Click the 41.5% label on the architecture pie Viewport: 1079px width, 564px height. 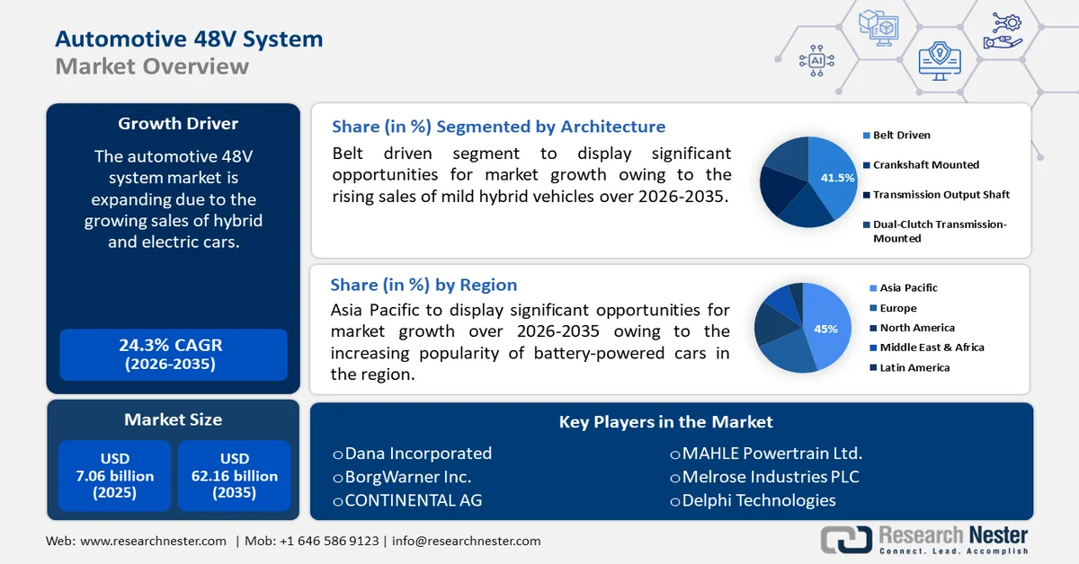point(837,178)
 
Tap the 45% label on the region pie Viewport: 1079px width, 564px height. point(825,329)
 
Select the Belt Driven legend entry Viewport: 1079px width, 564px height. point(901,136)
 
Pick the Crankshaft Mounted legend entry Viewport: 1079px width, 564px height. point(925,165)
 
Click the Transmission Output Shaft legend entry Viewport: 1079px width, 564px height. point(941,195)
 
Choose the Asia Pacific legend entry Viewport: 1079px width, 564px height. point(908,288)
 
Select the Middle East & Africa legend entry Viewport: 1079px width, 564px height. point(932,348)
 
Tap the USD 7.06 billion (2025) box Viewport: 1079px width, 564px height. point(115,476)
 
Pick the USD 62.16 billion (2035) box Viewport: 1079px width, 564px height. point(235,476)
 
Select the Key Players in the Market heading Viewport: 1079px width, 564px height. point(665,422)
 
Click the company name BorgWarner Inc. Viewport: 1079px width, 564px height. point(407,477)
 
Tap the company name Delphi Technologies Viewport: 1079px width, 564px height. point(758,500)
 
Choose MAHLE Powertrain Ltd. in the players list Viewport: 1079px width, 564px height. point(771,454)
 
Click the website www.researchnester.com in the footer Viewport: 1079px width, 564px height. point(153,541)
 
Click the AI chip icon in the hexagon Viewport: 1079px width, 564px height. point(816,60)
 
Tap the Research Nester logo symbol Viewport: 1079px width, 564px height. point(846,540)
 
